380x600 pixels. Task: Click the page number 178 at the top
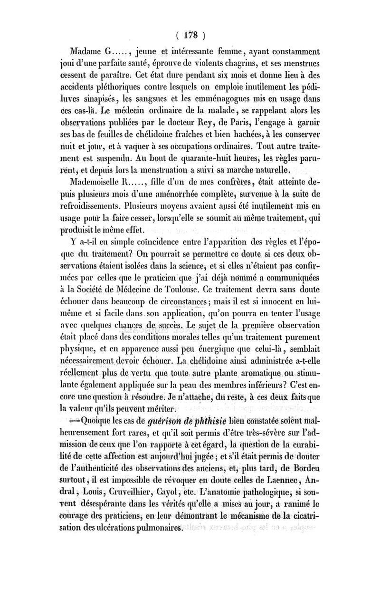190,35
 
